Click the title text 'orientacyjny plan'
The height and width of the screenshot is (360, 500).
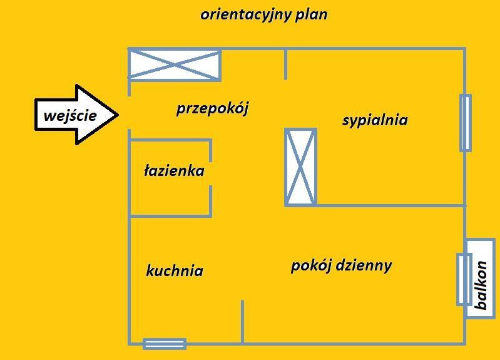tap(263, 14)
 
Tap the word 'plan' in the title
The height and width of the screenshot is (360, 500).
tap(313, 14)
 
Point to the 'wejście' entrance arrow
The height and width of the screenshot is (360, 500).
tap(76, 115)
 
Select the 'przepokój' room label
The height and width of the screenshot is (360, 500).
tap(212, 108)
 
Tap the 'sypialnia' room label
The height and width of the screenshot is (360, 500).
tap(375, 120)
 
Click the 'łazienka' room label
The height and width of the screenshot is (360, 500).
tap(174, 170)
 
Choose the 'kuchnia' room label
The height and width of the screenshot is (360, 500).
tap(175, 270)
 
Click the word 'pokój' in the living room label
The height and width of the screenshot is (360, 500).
tap(310, 265)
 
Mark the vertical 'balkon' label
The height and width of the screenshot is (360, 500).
tap(481, 285)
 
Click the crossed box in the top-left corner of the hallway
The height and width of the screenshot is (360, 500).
tap(175, 65)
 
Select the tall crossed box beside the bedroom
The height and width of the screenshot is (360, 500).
tap(300, 167)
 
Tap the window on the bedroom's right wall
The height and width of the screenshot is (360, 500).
tap(465, 123)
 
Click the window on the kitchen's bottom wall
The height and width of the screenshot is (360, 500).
tap(165, 343)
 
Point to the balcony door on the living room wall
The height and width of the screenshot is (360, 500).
tap(464, 279)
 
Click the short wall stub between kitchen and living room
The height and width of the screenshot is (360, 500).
tap(242, 321)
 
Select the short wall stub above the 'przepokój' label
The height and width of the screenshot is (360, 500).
tap(286, 64)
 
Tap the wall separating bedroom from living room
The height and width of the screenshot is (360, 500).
tap(390, 205)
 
